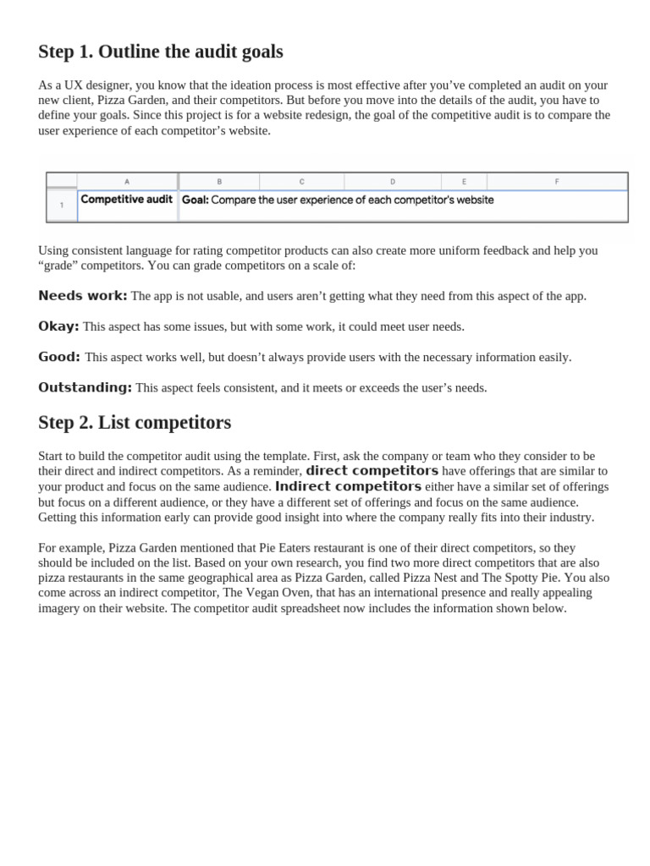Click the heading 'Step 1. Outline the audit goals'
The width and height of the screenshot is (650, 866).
[161, 52]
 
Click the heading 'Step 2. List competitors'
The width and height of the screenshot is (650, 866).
[135, 422]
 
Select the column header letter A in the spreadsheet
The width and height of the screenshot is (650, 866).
[127, 182]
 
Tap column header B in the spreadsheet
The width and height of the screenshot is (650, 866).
[219, 182]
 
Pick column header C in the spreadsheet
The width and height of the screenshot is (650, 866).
[301, 182]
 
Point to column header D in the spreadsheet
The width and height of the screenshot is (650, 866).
[392, 182]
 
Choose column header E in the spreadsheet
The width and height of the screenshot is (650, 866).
[464, 182]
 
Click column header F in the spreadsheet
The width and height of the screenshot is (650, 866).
[556, 182]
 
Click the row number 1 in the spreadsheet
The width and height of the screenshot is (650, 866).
[61, 205]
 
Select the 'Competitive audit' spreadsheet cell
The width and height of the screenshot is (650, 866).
[126, 200]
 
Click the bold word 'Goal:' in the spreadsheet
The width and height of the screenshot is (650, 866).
[195, 200]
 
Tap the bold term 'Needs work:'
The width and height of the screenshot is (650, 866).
[83, 296]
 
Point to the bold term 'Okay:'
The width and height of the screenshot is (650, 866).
[58, 326]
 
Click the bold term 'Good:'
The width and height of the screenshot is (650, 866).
[59, 357]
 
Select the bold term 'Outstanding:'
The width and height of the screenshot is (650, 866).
[85, 387]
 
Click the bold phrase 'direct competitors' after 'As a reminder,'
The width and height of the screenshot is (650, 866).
[372, 471]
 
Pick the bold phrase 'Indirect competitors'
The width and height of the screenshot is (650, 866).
[348, 486]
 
